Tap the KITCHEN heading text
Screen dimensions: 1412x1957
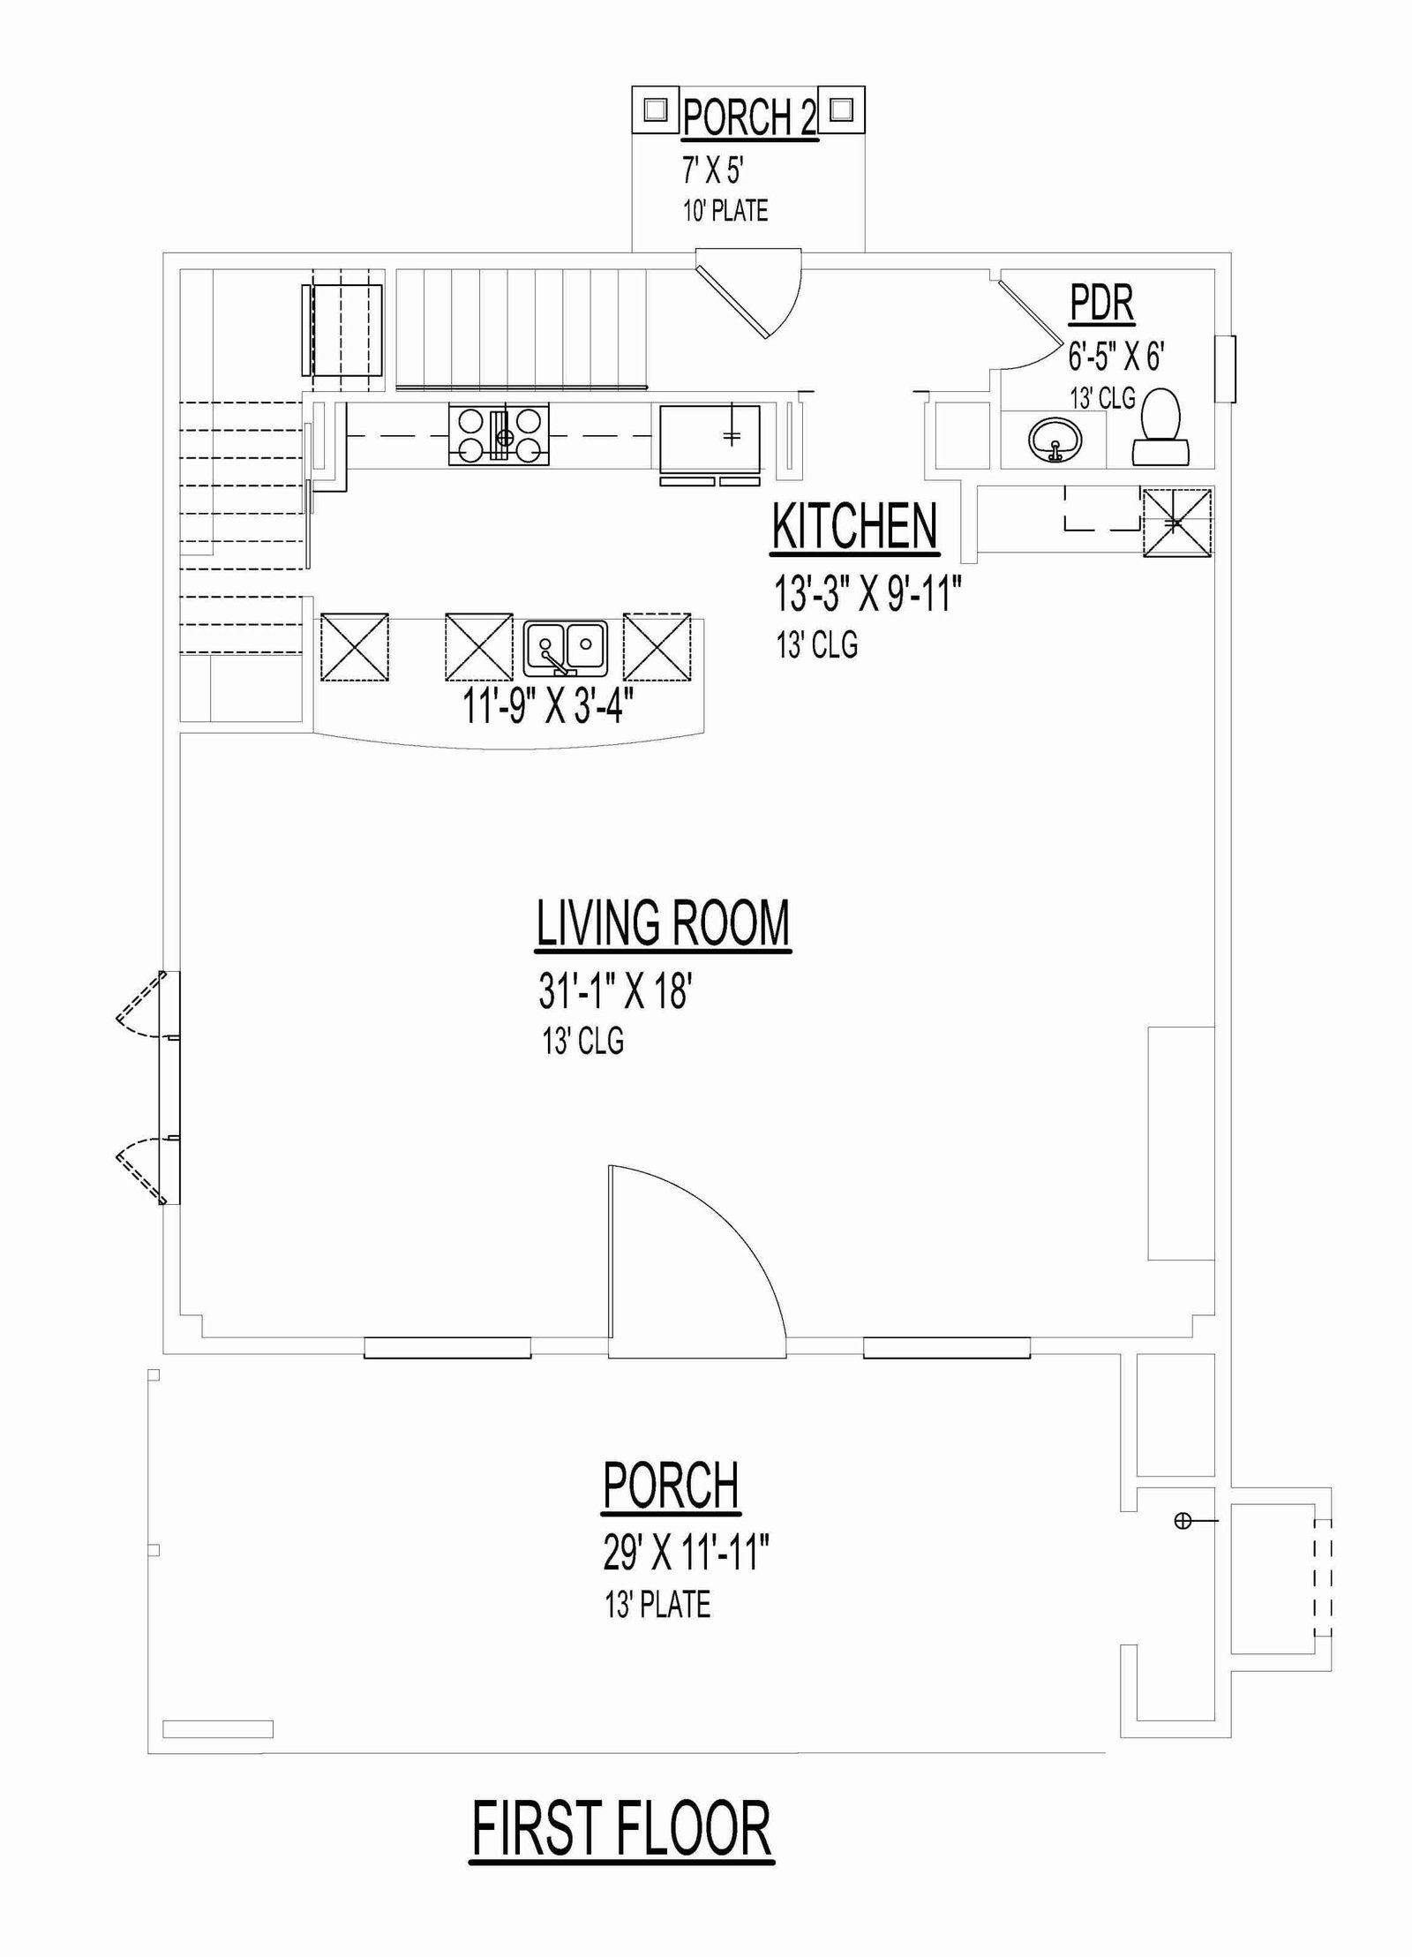[x=854, y=527]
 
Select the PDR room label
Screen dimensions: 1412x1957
[x=1101, y=303]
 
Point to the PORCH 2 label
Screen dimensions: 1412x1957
[x=749, y=117]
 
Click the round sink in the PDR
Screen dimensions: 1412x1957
[x=1055, y=439]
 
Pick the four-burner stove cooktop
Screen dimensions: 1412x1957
[x=499, y=434]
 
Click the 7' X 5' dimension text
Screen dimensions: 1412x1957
[x=713, y=169]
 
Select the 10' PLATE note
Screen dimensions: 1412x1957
[x=725, y=211]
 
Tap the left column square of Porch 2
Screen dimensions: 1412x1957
[x=655, y=109]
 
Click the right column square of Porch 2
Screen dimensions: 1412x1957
[x=842, y=109]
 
